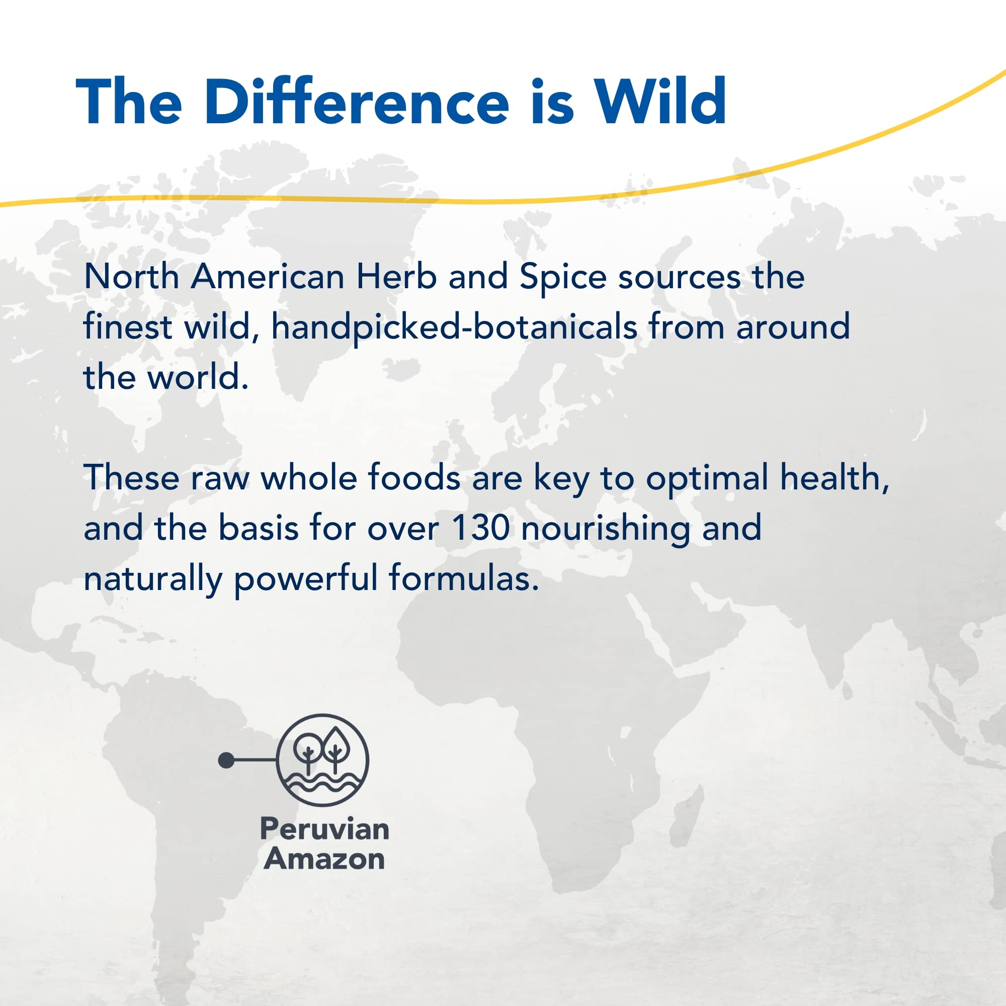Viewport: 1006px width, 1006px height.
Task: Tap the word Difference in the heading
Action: (x=356, y=102)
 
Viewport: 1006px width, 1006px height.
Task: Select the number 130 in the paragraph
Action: (x=480, y=528)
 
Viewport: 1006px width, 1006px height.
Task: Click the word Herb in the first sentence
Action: (x=396, y=277)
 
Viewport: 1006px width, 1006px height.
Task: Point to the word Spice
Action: (x=562, y=278)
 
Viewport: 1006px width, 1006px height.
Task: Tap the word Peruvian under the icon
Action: (x=324, y=829)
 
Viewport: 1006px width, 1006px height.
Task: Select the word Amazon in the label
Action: (x=324, y=859)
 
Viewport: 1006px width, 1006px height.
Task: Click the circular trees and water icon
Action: (x=322, y=760)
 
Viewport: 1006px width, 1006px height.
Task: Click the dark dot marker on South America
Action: (x=226, y=760)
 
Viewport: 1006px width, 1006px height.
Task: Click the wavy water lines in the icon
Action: (x=322, y=783)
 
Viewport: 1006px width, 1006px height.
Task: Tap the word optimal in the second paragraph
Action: (x=707, y=478)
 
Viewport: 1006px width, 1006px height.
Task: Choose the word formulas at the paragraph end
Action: (x=463, y=578)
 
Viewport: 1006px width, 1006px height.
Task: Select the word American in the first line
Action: (x=267, y=277)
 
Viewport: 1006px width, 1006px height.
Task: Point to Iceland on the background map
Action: (x=401, y=368)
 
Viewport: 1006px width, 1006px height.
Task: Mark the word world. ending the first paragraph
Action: (x=198, y=378)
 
